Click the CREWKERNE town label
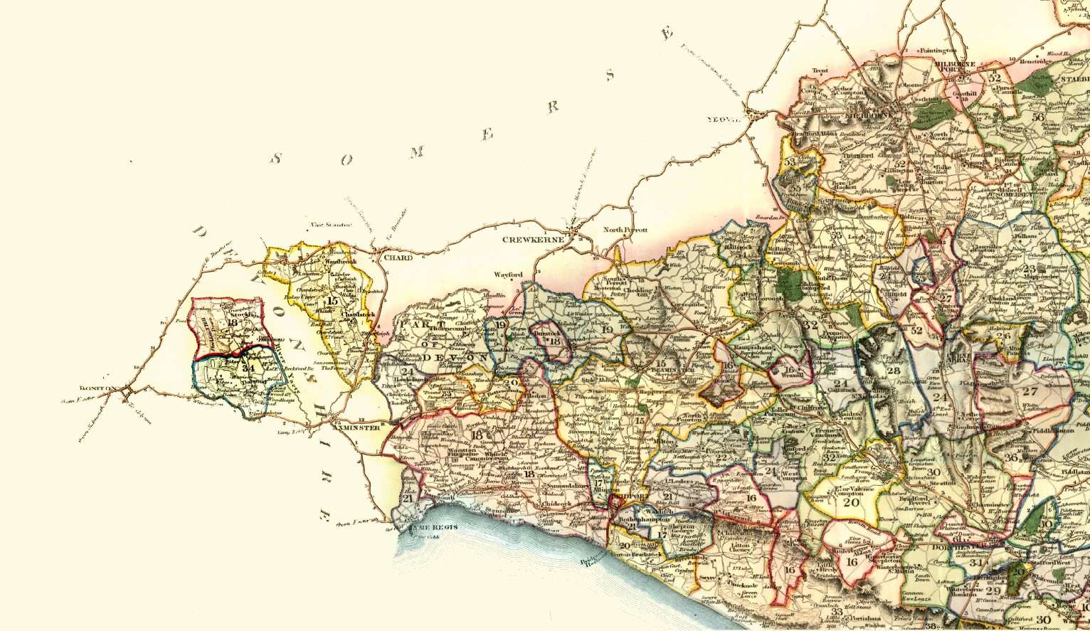pyautogui.click(x=534, y=240)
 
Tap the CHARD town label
pyautogui.click(x=398, y=258)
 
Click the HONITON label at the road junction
pyautogui.click(x=97, y=388)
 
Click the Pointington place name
pyautogui.click(x=938, y=51)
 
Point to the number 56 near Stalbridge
pyautogui.click(x=1038, y=117)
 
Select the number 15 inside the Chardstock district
pyautogui.click(x=333, y=300)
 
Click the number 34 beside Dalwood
pyautogui.click(x=248, y=368)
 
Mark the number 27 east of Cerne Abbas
pyautogui.click(x=1030, y=391)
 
